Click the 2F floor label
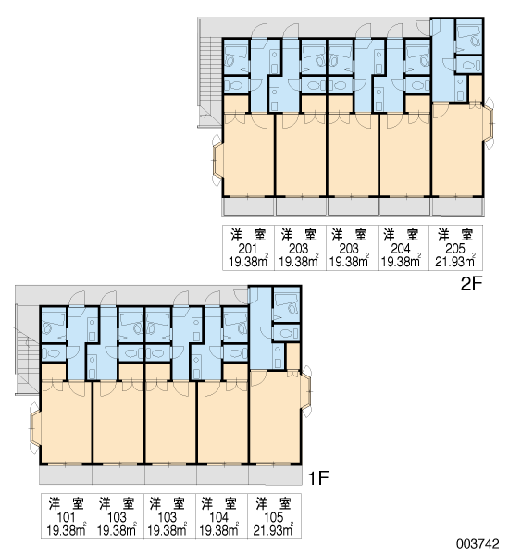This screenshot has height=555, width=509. (x=471, y=284)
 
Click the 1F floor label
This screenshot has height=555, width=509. (x=318, y=478)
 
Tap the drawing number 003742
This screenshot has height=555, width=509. (x=478, y=543)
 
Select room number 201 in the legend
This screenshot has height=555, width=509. (x=248, y=249)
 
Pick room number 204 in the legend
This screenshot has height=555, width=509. (x=401, y=249)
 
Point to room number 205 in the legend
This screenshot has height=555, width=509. (x=455, y=249)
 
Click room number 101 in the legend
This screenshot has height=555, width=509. (x=67, y=517)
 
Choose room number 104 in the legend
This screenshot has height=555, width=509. (x=219, y=517)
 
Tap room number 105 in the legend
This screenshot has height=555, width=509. (x=274, y=517)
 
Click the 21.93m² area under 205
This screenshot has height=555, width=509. (x=455, y=261)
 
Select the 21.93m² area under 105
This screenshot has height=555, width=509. (x=273, y=530)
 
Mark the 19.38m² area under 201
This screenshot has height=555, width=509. (x=248, y=261)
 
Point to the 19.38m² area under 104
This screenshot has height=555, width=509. (x=219, y=530)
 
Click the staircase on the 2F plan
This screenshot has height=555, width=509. (x=210, y=81)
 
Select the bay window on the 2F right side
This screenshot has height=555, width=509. (x=488, y=123)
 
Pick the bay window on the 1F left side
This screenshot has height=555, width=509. (x=35, y=427)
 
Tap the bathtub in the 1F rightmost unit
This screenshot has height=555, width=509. (x=287, y=304)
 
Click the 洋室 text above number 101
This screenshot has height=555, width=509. (x=67, y=504)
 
